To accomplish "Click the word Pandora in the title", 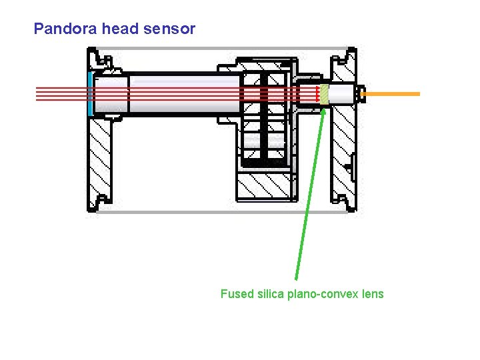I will point(61,29).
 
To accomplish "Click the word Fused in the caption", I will point(237,294).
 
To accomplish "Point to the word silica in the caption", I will point(269,294).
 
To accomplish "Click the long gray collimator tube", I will point(183,93).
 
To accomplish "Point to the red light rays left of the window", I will point(60,93).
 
